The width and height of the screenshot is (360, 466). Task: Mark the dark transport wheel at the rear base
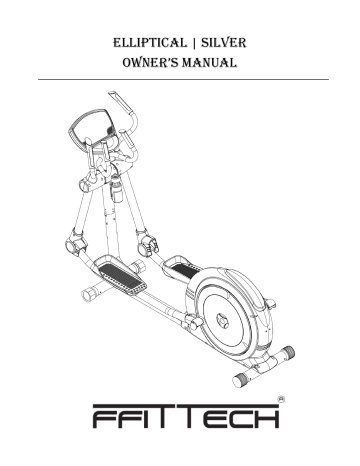tap(239, 379)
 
